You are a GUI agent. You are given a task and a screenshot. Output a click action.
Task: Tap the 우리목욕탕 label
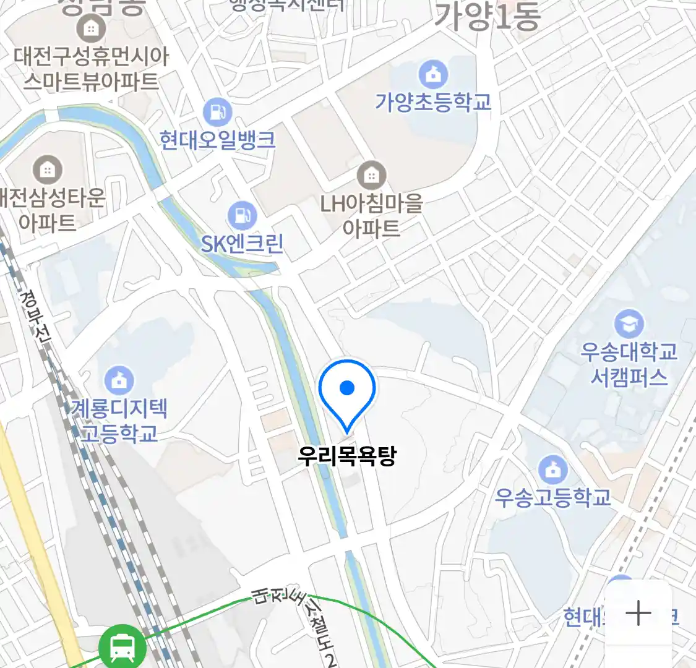[346, 456]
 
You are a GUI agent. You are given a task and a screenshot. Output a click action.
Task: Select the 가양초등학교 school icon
[433, 75]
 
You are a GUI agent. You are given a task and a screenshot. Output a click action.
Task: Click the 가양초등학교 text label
[433, 102]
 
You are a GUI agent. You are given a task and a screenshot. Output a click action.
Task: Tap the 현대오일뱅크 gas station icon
[217, 113]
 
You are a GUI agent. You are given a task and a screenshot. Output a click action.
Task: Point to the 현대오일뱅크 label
[217, 140]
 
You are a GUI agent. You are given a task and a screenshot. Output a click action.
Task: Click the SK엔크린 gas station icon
[242, 216]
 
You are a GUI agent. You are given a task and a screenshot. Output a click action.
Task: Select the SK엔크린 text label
[242, 244]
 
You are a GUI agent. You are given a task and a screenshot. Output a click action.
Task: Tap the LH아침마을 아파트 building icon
[371, 176]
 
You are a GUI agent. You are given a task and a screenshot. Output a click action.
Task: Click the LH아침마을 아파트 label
[371, 215]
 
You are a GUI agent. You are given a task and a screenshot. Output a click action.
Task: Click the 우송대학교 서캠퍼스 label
[629, 364]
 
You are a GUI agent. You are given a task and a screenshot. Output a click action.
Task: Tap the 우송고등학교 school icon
[553, 470]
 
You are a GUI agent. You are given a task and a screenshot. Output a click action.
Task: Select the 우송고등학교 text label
[553, 497]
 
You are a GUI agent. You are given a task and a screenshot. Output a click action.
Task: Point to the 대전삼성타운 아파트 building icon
[47, 169]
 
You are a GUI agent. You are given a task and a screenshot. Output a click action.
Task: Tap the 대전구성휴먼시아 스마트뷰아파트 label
[91, 69]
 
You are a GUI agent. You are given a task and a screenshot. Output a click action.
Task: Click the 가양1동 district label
[488, 16]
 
